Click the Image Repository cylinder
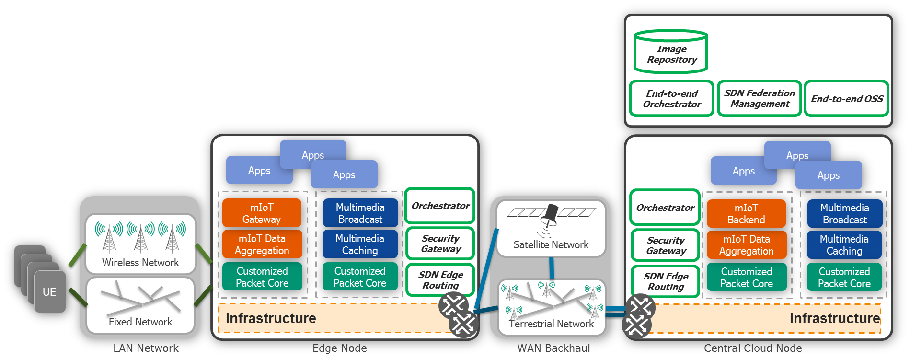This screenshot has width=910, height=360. tap(671, 52)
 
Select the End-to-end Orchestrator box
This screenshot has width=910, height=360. tap(672, 99)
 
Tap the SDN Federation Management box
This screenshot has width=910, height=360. tap(760, 99)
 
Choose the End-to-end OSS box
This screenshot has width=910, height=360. tap(847, 99)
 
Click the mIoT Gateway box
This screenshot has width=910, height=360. tap(262, 213)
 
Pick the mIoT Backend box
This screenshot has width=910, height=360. tap(746, 214)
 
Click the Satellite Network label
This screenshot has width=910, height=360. tap(551, 245)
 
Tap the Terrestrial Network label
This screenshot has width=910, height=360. tap(551, 324)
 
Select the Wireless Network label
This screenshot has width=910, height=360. tap(140, 263)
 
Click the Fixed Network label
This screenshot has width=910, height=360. tap(140, 322)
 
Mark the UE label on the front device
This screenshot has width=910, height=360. tap(49, 292)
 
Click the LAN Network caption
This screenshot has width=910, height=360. tap(146, 348)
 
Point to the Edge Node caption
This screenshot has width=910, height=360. tap(339, 348)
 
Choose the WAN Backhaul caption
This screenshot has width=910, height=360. tap(553, 348)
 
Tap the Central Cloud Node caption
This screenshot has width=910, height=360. tap(753, 348)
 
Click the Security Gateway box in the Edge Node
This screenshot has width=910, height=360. tap(440, 244)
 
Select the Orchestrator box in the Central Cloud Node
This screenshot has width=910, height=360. tap(665, 208)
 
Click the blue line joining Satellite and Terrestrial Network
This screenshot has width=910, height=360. tap(552, 268)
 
